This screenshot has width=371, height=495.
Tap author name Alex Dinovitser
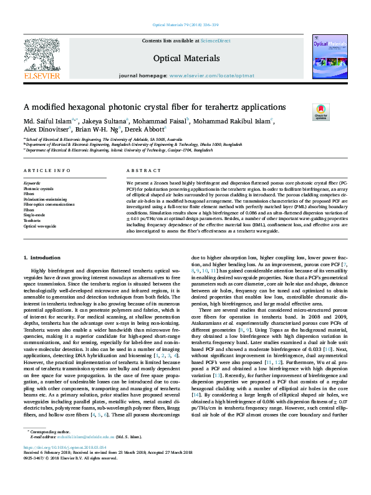coord(47,130)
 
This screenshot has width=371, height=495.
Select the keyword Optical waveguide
coord(39,226)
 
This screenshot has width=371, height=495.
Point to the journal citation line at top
coord(185,26)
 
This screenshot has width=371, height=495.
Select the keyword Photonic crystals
coord(38,188)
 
